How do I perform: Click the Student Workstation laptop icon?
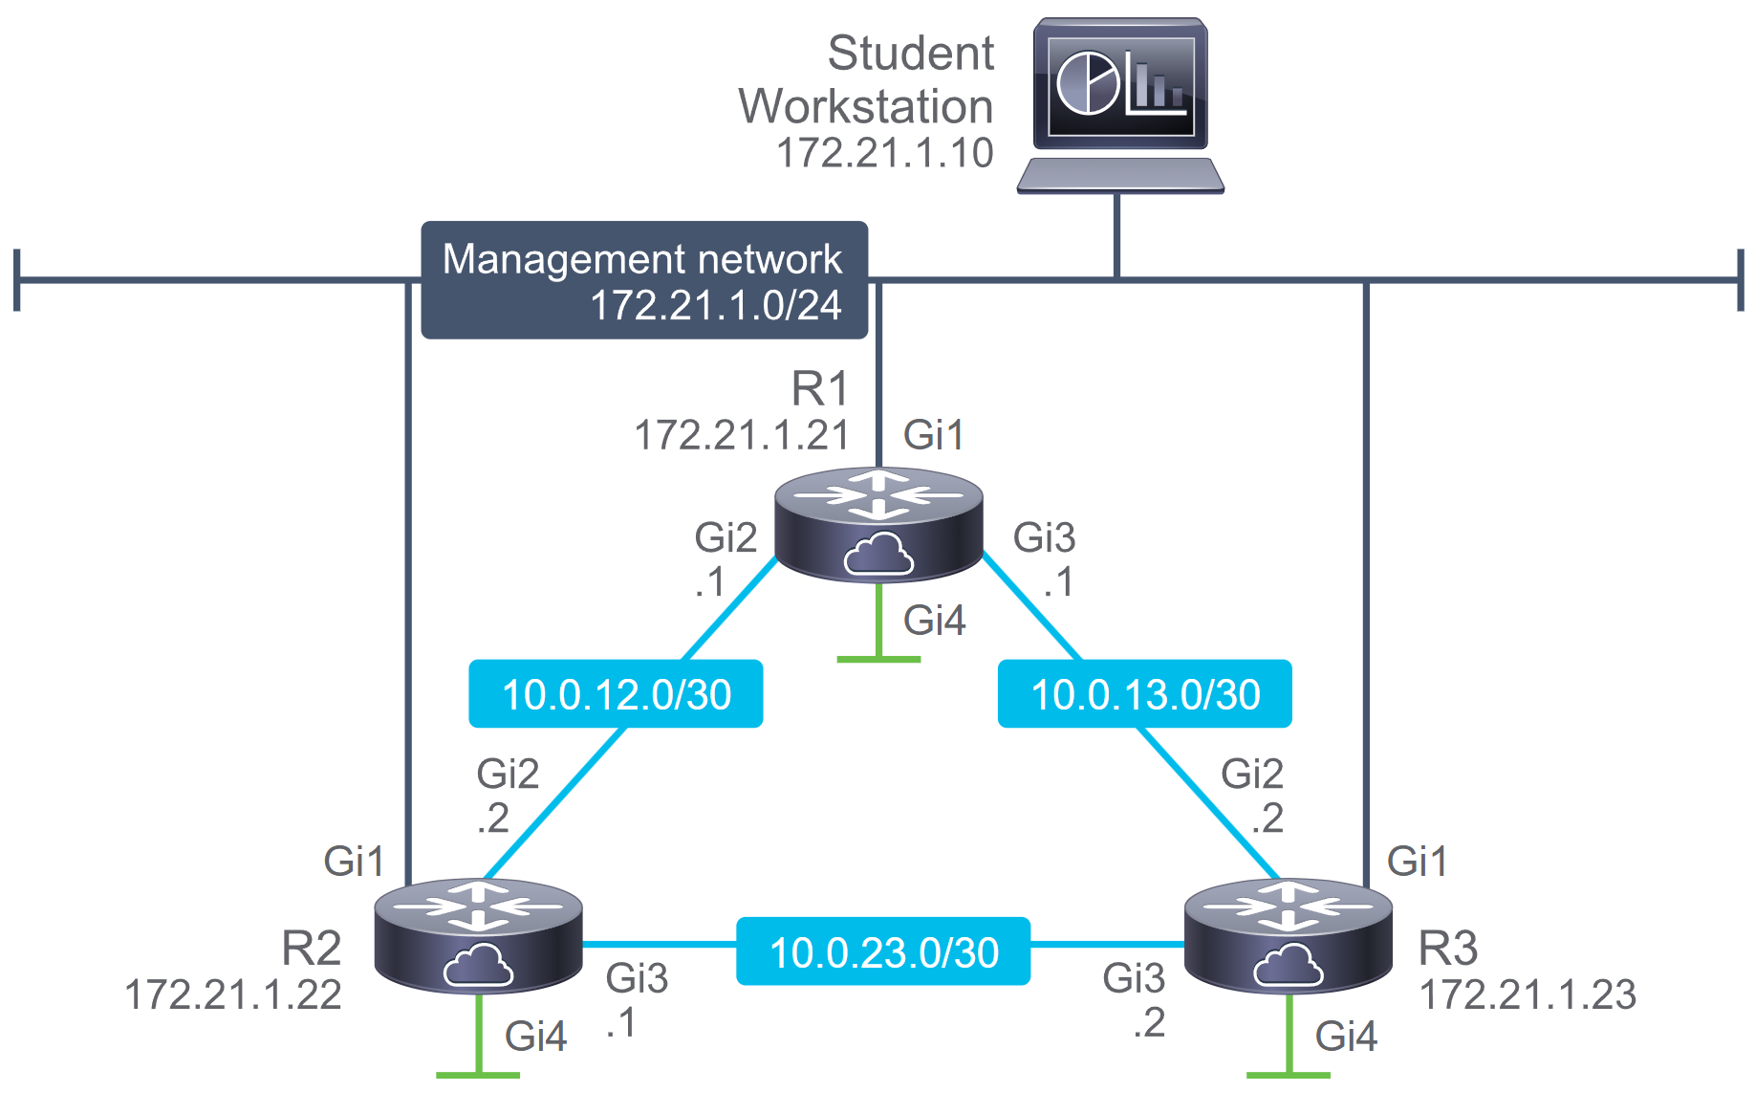(1120, 105)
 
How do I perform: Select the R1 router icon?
(878, 525)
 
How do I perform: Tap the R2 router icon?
(479, 936)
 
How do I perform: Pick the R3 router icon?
(1289, 936)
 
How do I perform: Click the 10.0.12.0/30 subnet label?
(616, 694)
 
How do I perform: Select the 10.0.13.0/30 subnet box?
(1145, 694)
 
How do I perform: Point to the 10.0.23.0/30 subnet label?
(883, 951)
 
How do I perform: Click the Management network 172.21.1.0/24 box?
(644, 280)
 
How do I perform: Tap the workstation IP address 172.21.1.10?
(885, 153)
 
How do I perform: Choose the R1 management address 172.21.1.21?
(742, 435)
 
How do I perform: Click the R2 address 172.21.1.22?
(233, 994)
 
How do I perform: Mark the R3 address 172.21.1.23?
(1527, 994)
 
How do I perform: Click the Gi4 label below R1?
(934, 621)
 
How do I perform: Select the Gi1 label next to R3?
(1417, 862)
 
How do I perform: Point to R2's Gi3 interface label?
(637, 978)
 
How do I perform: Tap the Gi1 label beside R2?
(354, 862)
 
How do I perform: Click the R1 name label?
(820, 389)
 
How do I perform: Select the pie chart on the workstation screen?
(1088, 84)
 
